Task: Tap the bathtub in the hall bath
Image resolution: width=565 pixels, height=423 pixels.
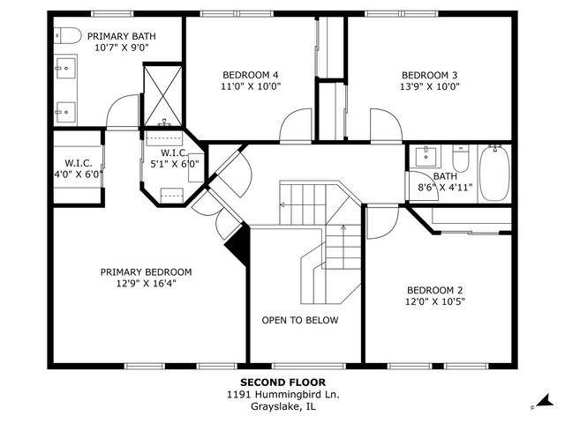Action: pos(494,174)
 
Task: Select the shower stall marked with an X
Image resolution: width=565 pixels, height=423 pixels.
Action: pos(162,96)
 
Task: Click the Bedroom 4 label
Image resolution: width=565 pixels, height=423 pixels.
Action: pos(251,75)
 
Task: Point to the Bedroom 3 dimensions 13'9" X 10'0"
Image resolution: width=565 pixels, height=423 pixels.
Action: pos(430,86)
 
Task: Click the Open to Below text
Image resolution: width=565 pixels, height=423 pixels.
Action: pos(300,320)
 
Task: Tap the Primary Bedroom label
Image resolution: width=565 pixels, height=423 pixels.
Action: pos(146,272)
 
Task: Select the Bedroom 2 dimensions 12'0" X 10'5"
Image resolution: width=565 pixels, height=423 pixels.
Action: pos(435,301)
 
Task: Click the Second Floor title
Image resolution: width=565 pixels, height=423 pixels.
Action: pos(282,382)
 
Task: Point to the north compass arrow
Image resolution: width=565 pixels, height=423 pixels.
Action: pos(546,401)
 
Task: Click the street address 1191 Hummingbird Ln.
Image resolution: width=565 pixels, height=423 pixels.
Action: pos(282,395)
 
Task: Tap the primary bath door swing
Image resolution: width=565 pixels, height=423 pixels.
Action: pos(122,111)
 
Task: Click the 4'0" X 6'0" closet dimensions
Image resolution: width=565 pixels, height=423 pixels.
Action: pos(79,174)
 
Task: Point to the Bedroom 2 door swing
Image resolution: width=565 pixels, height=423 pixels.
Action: pos(382,222)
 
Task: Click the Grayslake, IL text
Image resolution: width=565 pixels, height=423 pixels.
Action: pos(282,407)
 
